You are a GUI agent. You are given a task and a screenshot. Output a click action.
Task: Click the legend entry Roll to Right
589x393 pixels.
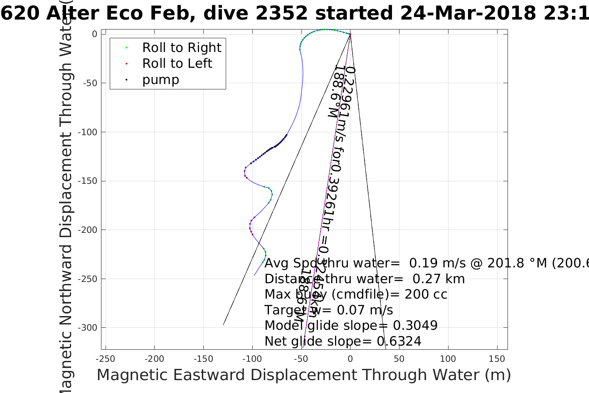(181, 48)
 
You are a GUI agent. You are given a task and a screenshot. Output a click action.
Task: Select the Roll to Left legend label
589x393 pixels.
(177, 64)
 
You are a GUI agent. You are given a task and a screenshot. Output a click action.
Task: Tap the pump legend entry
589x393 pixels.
(160, 80)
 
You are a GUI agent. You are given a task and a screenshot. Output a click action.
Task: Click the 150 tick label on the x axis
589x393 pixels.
(497, 359)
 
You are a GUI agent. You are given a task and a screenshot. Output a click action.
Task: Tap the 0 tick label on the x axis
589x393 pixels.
(350, 359)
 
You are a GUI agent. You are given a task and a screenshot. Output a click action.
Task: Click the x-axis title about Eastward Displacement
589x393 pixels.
(303, 375)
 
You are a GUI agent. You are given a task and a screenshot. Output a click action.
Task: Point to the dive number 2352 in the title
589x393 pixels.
(281, 13)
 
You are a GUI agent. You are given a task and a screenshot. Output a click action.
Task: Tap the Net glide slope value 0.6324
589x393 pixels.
(399, 341)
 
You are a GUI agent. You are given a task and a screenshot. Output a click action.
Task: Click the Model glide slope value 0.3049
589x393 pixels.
(415, 326)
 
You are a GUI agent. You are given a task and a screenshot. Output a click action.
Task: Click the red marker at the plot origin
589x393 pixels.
(350, 35)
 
